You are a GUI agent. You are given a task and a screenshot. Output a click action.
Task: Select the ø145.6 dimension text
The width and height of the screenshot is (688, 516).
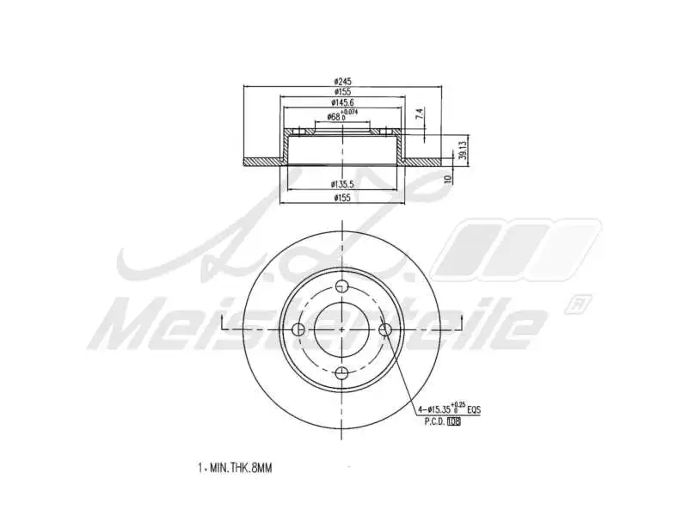343,102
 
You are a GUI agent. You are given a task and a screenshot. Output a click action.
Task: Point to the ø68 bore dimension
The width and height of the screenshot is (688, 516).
337,116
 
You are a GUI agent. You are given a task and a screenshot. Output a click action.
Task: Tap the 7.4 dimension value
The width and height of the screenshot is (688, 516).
419,113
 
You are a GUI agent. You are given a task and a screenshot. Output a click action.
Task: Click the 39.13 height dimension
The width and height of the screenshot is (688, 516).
461,150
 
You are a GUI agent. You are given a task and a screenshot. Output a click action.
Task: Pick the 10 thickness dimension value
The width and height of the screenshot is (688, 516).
447,179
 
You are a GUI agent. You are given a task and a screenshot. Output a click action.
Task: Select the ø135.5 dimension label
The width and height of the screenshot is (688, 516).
343,184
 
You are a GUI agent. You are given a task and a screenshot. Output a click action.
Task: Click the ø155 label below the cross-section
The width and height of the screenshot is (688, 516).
343,198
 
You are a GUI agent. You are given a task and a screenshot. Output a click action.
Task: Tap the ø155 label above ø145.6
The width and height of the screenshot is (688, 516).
343,91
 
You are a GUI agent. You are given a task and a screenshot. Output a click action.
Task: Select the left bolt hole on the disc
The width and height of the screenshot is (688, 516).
299,329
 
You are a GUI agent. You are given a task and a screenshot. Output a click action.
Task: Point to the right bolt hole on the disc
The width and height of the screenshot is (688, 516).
385,329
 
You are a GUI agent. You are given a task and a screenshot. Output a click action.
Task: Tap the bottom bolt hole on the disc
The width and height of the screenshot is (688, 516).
342,372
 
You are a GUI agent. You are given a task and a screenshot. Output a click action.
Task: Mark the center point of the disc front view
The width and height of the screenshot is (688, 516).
342,329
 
